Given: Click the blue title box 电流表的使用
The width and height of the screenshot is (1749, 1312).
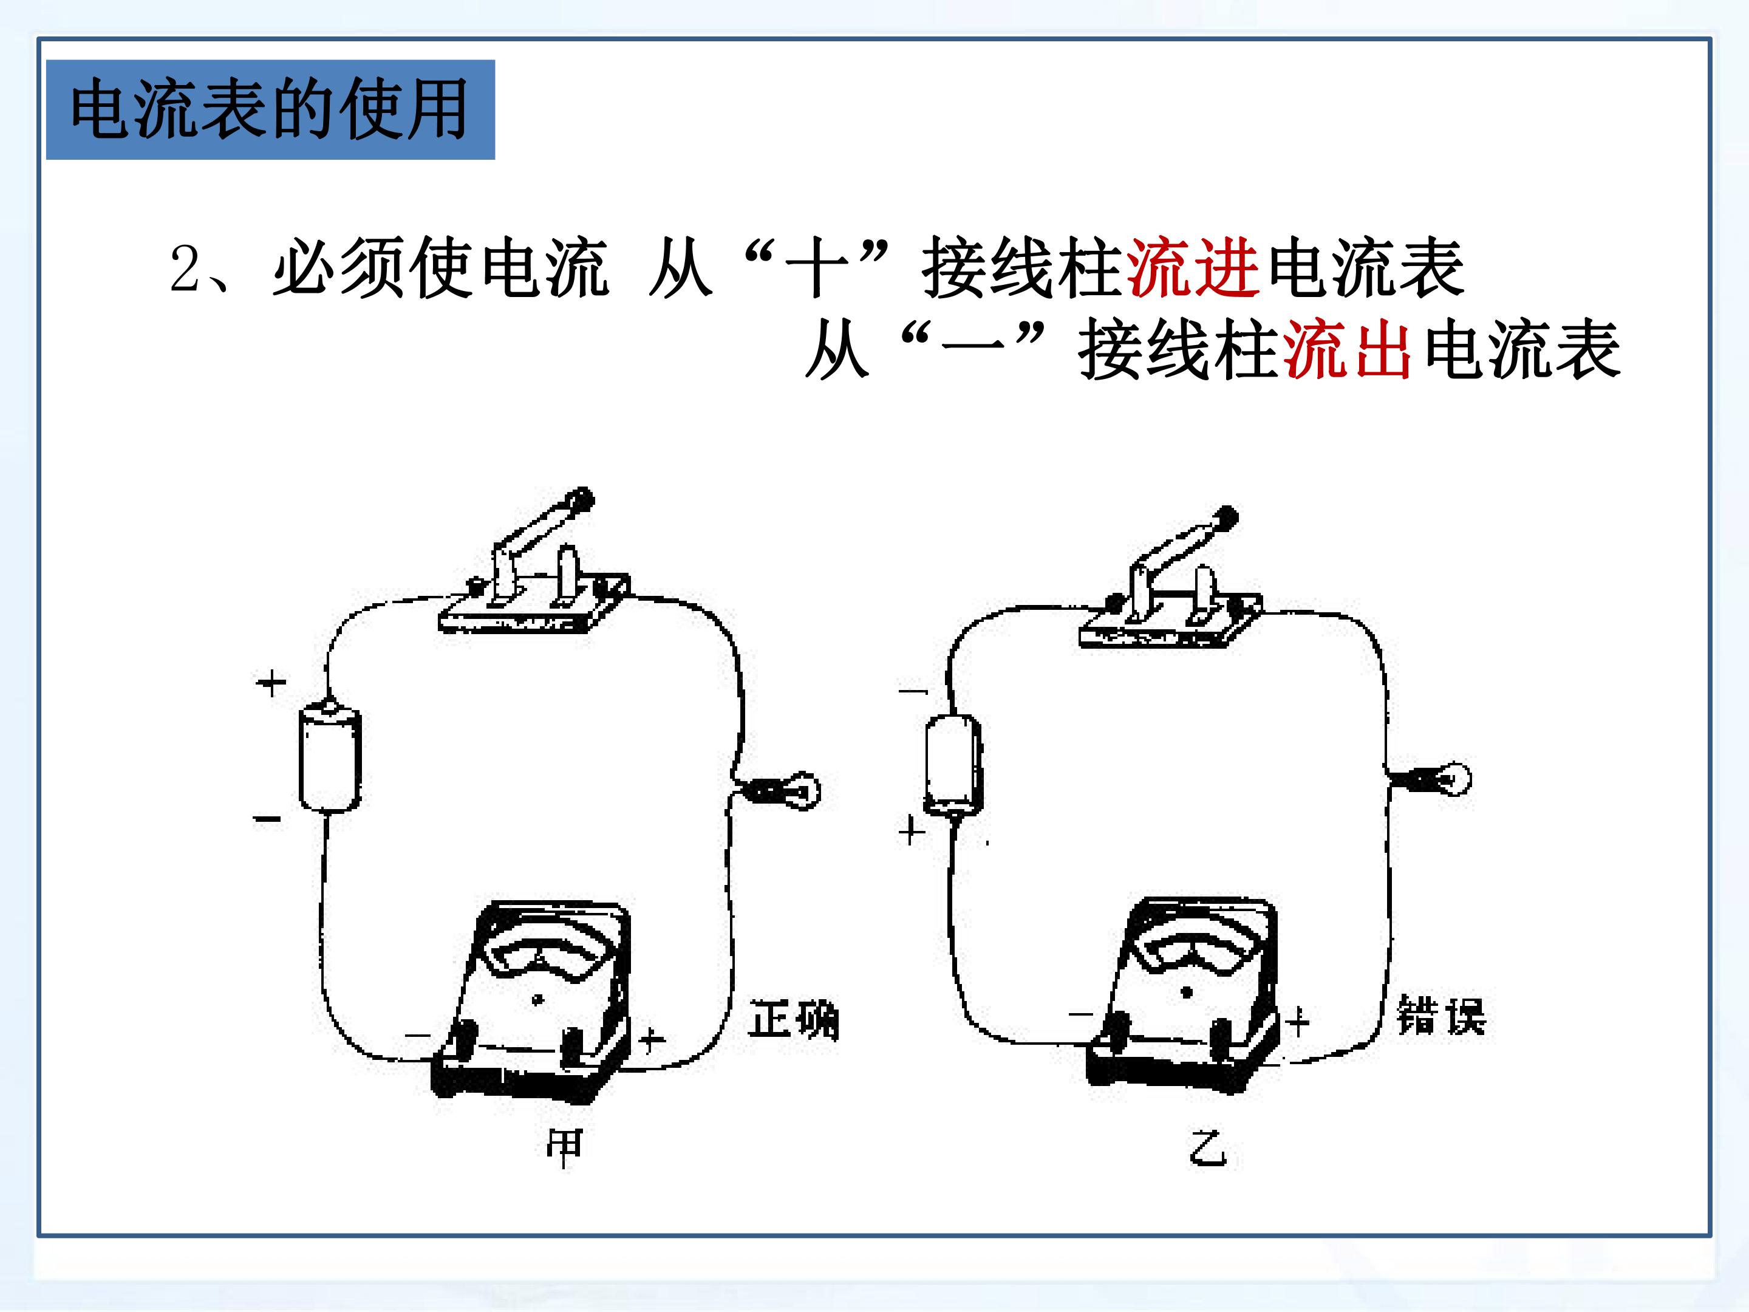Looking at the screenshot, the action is (270, 109).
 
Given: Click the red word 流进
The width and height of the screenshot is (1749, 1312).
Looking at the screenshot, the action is (1192, 269).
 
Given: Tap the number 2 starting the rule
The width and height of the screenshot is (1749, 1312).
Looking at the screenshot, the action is (186, 270).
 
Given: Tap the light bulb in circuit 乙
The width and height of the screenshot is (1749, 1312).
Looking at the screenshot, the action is (1435, 779).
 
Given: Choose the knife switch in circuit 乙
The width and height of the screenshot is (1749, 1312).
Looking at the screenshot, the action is (1171, 581).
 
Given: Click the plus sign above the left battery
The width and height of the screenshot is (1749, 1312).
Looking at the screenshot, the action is (271, 683).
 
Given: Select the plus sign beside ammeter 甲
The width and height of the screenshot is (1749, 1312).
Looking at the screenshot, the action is (652, 1039).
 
